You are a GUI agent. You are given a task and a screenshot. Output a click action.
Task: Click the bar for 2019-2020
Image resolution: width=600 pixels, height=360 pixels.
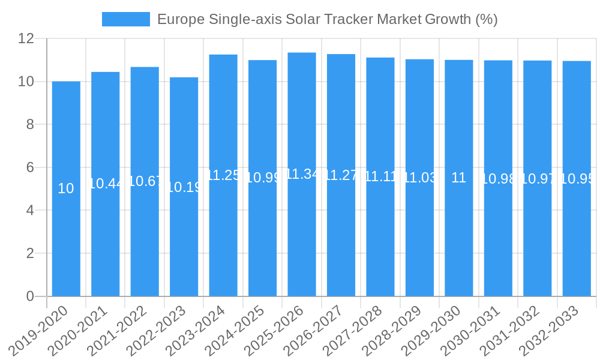(x=66, y=240)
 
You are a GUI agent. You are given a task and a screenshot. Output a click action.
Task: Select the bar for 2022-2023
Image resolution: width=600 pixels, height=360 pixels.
(x=184, y=240)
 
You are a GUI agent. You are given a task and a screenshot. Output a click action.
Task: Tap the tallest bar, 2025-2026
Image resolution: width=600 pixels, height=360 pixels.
(x=302, y=240)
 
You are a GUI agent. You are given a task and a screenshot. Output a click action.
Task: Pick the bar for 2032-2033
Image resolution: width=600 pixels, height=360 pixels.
(x=577, y=240)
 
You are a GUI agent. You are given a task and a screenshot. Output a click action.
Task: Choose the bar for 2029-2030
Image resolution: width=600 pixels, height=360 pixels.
(x=458, y=240)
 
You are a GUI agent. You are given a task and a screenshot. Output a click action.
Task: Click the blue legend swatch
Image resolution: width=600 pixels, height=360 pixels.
(x=126, y=19)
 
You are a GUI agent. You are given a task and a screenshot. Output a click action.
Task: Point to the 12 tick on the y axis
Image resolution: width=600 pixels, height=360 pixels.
(x=26, y=38)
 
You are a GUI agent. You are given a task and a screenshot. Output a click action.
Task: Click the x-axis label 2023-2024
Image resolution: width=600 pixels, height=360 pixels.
(x=196, y=331)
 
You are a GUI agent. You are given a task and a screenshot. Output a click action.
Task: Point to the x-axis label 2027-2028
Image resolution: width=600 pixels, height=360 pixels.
(x=353, y=331)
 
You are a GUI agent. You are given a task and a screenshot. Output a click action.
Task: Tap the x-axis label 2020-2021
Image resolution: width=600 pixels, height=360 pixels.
(x=78, y=331)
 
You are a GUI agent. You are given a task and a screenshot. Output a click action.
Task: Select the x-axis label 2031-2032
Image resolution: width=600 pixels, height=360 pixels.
(x=510, y=331)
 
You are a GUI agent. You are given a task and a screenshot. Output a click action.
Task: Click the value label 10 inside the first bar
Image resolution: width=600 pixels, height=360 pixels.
(x=66, y=188)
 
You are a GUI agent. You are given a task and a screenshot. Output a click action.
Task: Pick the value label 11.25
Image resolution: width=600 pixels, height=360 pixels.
(x=223, y=175)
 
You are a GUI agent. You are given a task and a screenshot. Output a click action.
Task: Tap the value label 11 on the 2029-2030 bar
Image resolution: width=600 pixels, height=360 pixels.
(x=458, y=178)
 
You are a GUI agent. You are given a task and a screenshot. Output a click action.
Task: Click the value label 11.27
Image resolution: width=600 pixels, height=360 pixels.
(x=341, y=175)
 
